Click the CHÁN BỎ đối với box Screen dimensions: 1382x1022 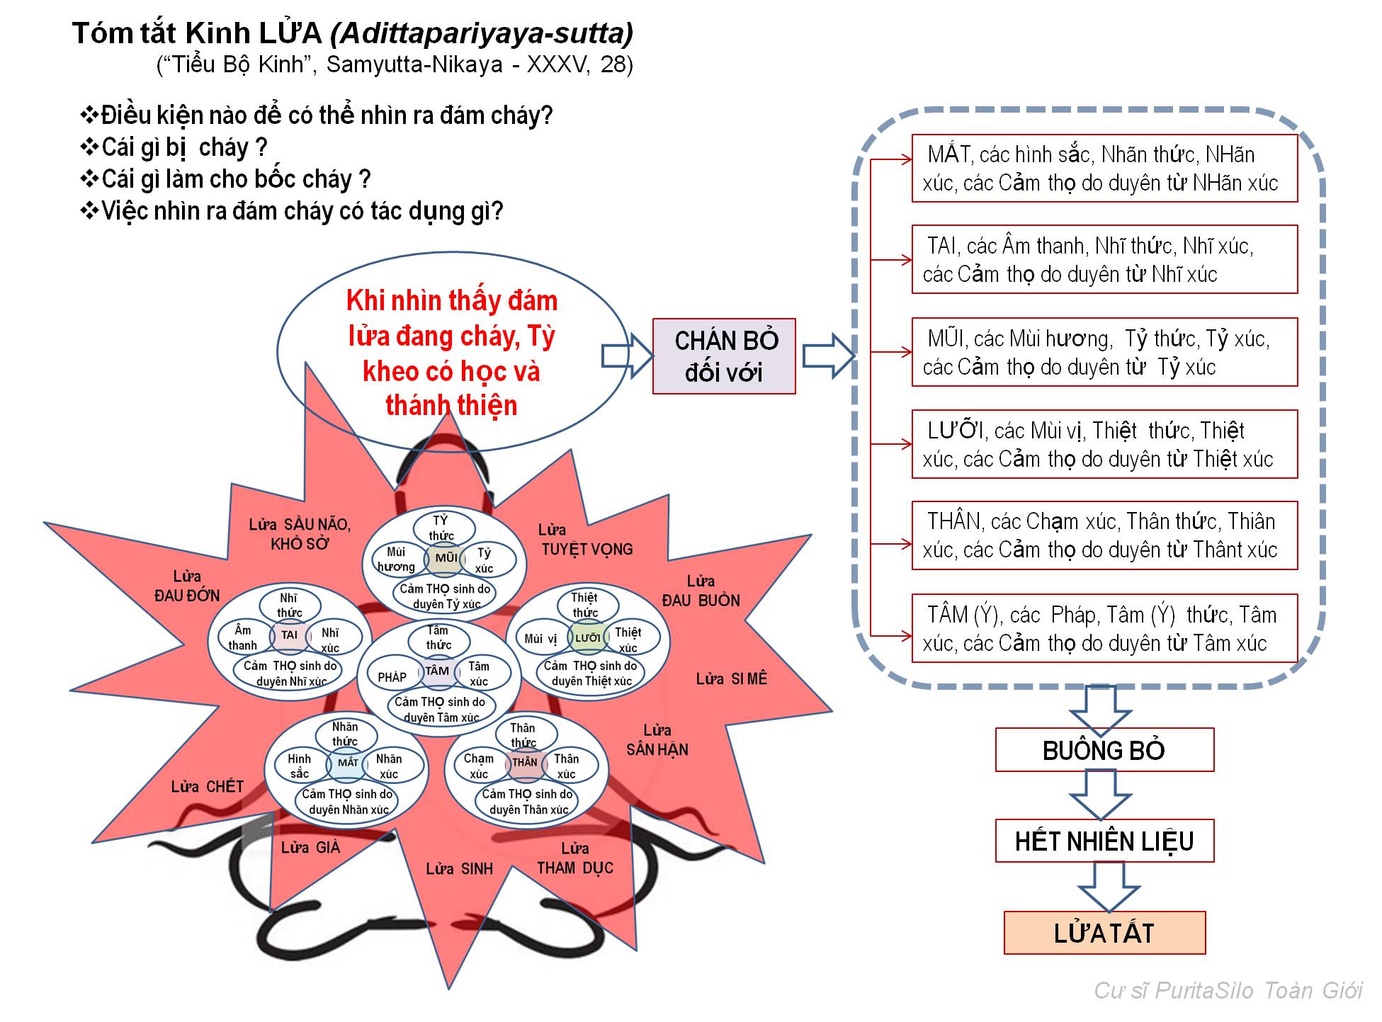tap(723, 356)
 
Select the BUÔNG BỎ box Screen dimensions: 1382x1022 tap(1104, 750)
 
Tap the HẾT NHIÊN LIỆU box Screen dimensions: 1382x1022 tap(1104, 841)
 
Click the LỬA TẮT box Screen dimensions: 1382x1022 tap(1104, 933)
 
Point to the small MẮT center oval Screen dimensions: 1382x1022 tap(348, 763)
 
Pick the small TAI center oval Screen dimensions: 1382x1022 tap(289, 635)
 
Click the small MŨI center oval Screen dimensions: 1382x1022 tap(446, 558)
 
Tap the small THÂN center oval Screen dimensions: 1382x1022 tap(525, 763)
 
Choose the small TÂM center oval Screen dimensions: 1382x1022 tap(437, 671)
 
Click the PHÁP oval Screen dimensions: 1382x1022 tap(392, 677)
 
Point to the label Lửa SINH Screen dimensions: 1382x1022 tap(459, 869)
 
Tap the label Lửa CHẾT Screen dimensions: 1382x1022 tap(207, 787)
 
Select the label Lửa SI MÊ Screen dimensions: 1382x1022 tap(731, 679)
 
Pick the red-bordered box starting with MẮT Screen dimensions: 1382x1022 tap(1104, 169)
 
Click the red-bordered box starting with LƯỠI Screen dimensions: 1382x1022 tap(1104, 444)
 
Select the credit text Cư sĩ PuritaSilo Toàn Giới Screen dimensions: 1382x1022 tap(1228, 990)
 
